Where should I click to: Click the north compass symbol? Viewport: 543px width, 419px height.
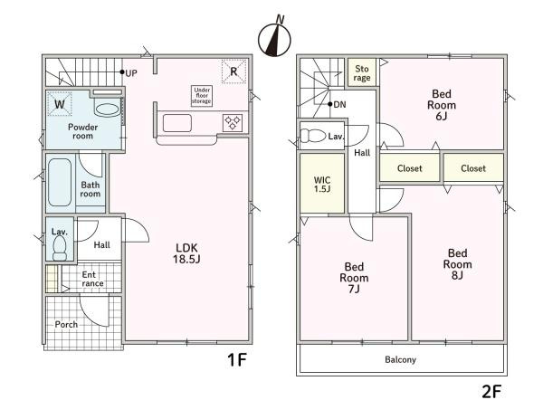point(274,38)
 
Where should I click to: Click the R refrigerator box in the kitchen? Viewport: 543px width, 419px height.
point(233,71)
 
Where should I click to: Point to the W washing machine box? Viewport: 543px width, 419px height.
point(60,103)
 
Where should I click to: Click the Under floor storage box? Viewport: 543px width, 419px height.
point(202,96)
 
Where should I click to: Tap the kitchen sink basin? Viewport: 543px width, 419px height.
point(177,123)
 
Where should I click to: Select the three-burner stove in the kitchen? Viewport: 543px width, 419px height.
point(233,122)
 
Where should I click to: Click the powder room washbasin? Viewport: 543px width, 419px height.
point(108,110)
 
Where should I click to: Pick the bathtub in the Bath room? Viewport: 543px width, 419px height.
point(60,182)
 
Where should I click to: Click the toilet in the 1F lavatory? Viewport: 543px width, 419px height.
point(60,248)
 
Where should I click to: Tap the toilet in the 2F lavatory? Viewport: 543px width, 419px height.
point(313,136)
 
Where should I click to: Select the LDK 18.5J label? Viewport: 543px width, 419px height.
point(186,253)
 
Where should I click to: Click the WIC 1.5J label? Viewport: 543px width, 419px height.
point(322,185)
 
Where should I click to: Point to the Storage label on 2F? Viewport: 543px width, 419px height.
point(362,73)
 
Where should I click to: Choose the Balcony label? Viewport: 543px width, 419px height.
point(400,360)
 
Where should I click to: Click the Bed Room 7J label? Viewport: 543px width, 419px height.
point(354,278)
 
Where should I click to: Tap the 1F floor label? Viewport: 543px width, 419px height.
point(237,360)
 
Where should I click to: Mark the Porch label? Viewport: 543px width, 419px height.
point(66,325)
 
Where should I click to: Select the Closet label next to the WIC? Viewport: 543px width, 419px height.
point(410,168)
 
